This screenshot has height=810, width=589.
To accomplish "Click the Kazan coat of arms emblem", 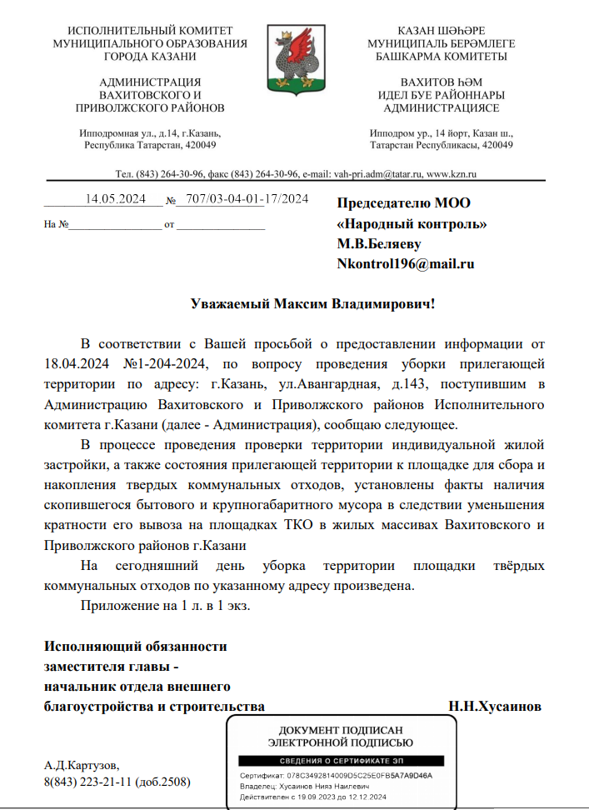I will [294, 58].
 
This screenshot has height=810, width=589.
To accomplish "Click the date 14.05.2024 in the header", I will [116, 199].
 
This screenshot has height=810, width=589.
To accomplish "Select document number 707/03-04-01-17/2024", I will [247, 199].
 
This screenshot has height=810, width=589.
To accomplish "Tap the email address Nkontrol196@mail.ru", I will [405, 264].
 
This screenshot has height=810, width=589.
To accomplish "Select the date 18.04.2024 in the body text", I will [76, 364].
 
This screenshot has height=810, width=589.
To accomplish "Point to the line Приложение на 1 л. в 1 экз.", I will [164, 606].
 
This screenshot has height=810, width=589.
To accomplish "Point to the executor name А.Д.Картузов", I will [82, 764].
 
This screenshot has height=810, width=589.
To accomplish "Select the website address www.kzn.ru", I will [451, 174].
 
